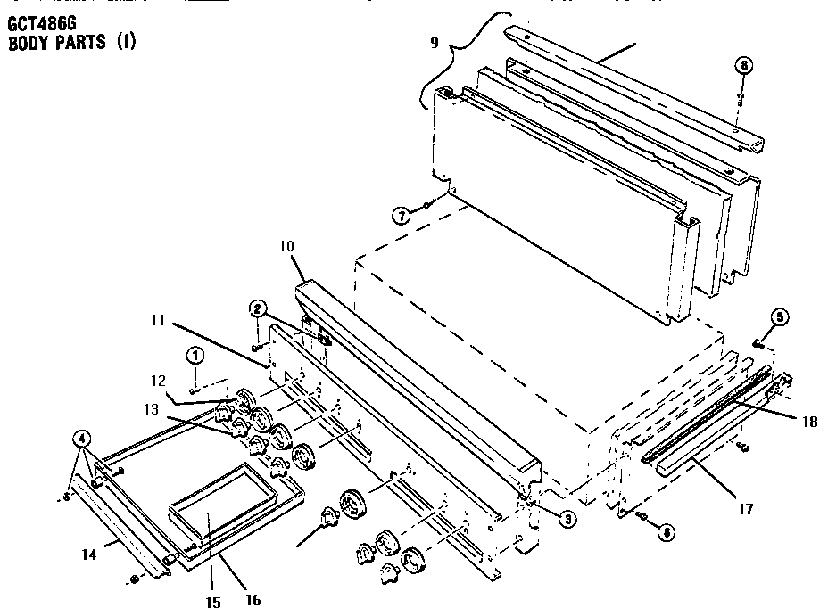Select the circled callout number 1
[x=195, y=356]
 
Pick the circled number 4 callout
[x=82, y=439]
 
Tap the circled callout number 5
[x=778, y=317]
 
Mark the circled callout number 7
[x=403, y=214]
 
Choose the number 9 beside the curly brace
[x=435, y=42]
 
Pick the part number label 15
[x=212, y=603]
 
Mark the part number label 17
[x=745, y=509]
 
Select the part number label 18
[x=808, y=422]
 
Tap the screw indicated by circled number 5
[x=758, y=342]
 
